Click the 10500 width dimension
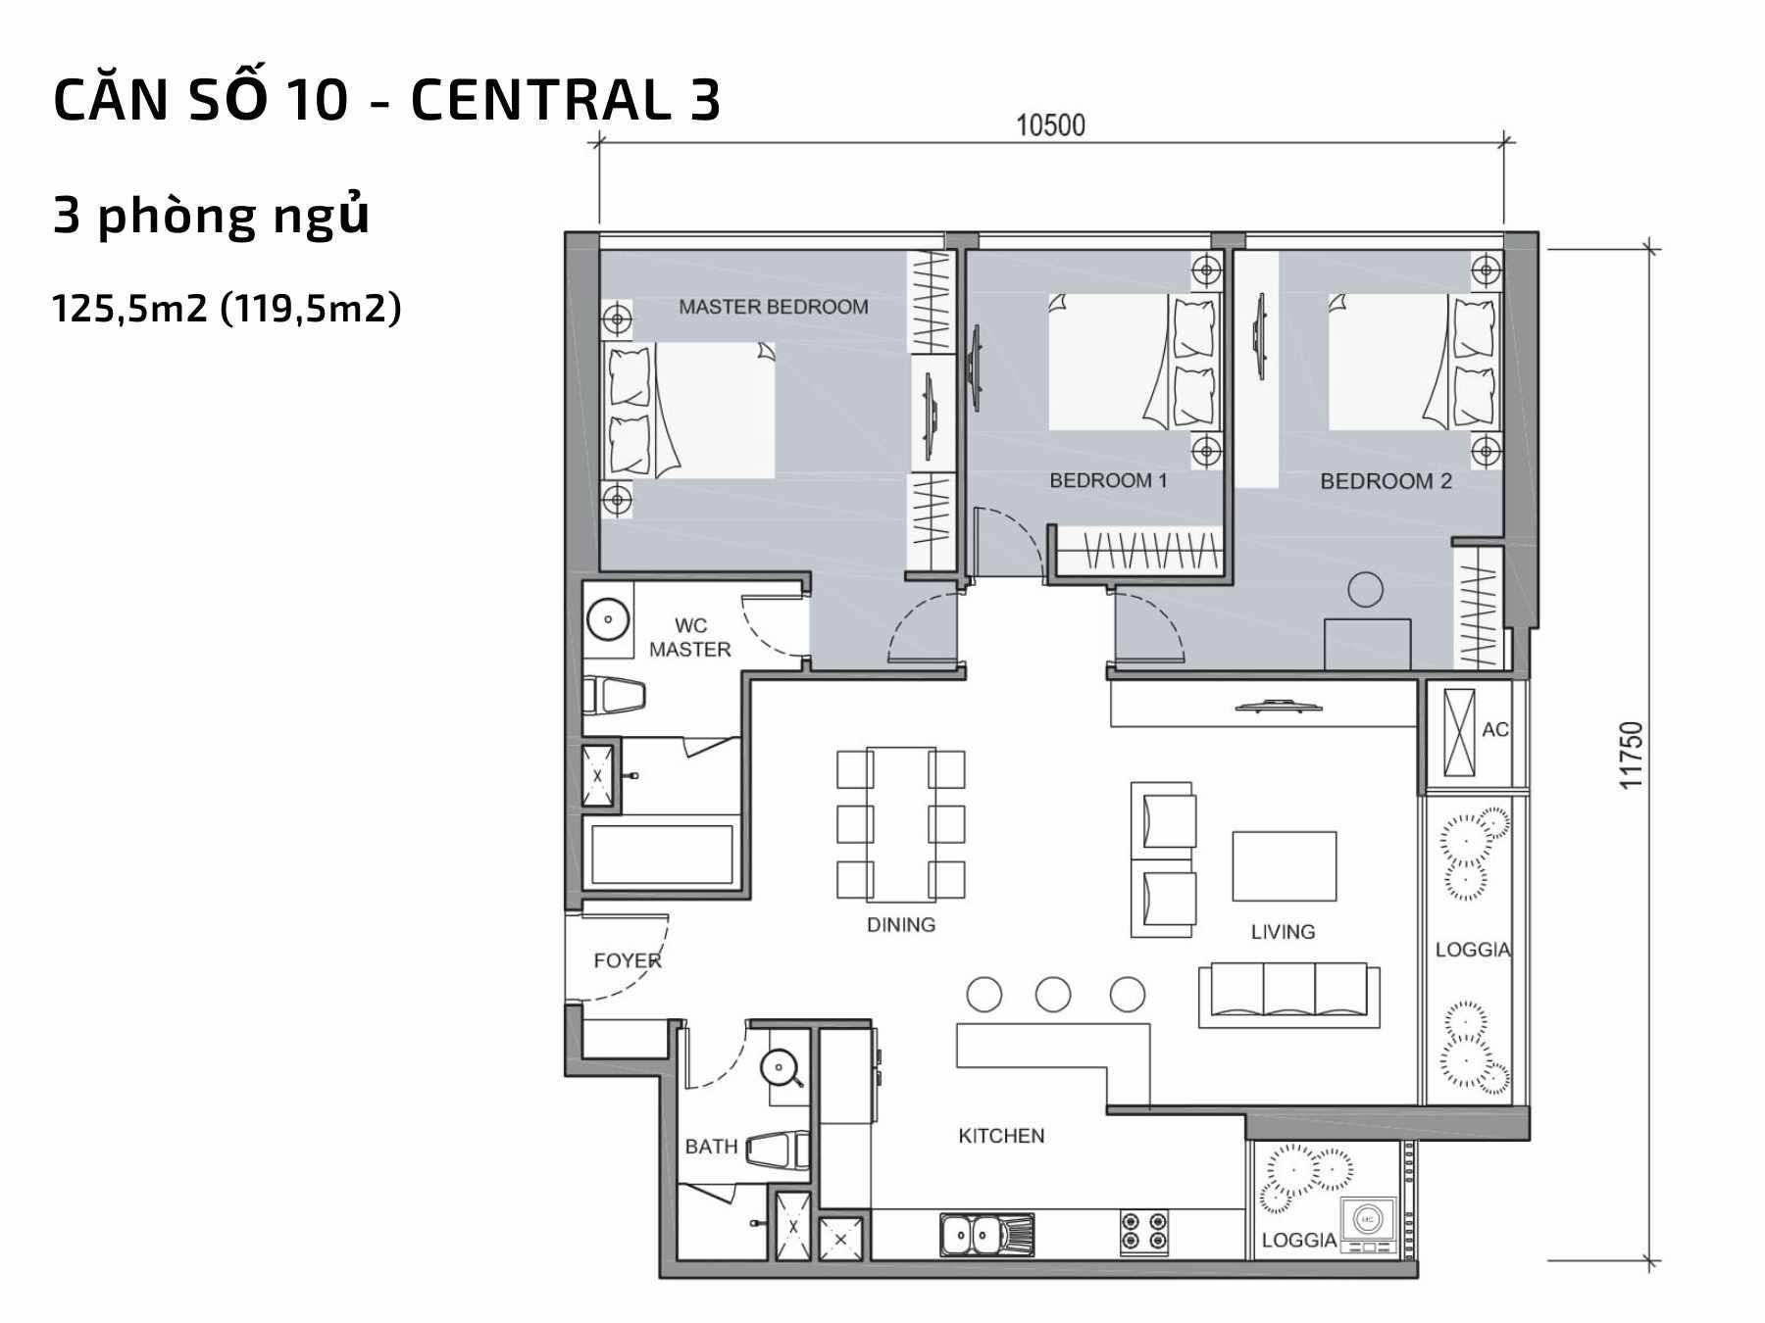click(x=1050, y=125)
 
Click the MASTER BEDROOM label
click(x=774, y=307)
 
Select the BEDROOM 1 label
click(x=1108, y=480)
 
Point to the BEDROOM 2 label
click(x=1386, y=481)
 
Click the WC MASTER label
click(x=690, y=637)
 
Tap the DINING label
click(x=901, y=924)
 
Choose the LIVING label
click(x=1283, y=932)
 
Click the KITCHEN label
click(x=1001, y=1136)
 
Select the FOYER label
click(x=628, y=960)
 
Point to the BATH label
click(x=711, y=1147)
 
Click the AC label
click(x=1495, y=729)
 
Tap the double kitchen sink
click(x=986, y=1235)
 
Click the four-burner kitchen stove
click(x=1144, y=1234)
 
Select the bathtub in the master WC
click(x=662, y=855)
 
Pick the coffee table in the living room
click(x=1285, y=866)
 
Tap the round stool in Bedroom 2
click(x=1365, y=590)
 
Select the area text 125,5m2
click(x=129, y=309)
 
